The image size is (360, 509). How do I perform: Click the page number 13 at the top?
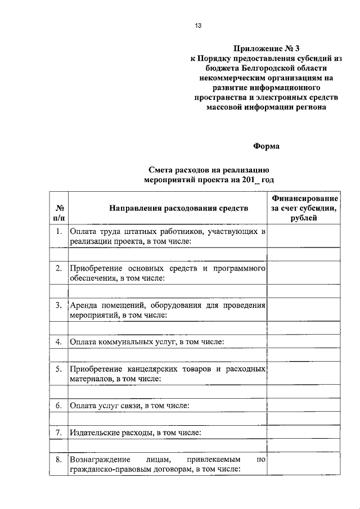(197, 26)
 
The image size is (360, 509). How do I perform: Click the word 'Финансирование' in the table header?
(304, 199)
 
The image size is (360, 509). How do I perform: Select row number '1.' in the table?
(58, 231)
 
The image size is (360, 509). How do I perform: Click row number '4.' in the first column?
(58, 341)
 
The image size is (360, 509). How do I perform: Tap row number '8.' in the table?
(58, 460)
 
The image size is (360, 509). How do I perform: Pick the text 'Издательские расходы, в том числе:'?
(135, 433)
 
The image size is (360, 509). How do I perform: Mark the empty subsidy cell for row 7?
(304, 433)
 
